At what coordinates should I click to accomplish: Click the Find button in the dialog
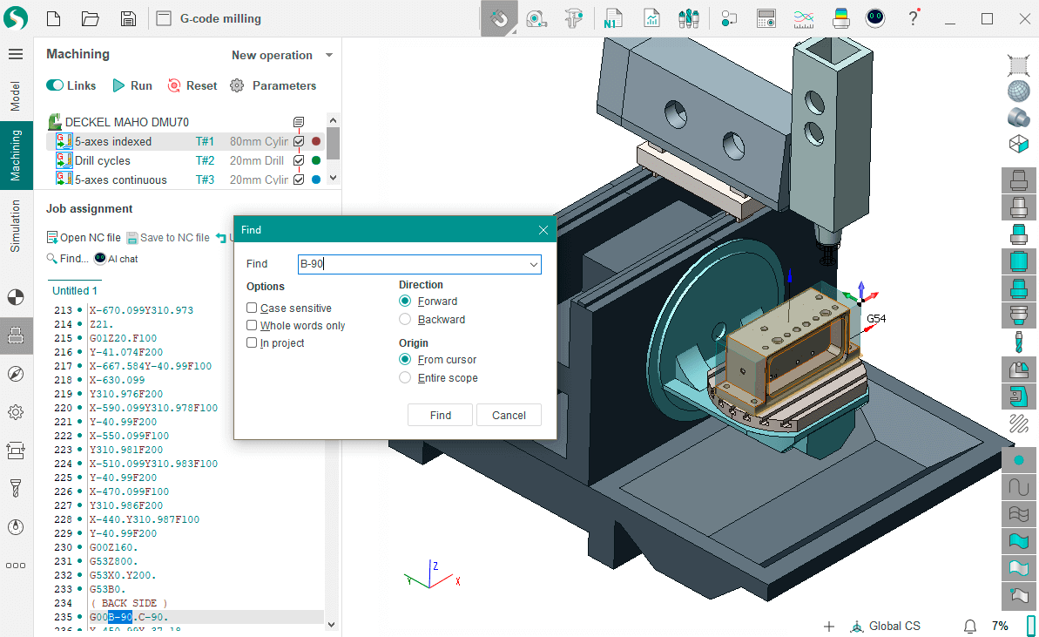440,415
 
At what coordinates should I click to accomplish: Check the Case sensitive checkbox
252,308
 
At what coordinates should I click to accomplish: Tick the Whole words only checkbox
252,326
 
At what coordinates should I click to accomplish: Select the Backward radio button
405,320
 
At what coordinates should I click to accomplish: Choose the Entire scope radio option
405,378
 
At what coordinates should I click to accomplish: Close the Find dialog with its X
543,230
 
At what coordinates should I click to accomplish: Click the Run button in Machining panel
132,85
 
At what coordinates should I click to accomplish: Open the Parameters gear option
273,85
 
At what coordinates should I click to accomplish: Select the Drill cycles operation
103,160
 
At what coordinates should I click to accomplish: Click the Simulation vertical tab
16,227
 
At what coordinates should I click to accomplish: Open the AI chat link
116,259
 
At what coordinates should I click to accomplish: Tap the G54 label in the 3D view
875,319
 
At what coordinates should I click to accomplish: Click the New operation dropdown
281,55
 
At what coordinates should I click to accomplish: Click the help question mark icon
913,18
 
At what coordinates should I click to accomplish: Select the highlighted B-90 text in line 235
120,617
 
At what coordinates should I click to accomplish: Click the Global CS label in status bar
894,626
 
